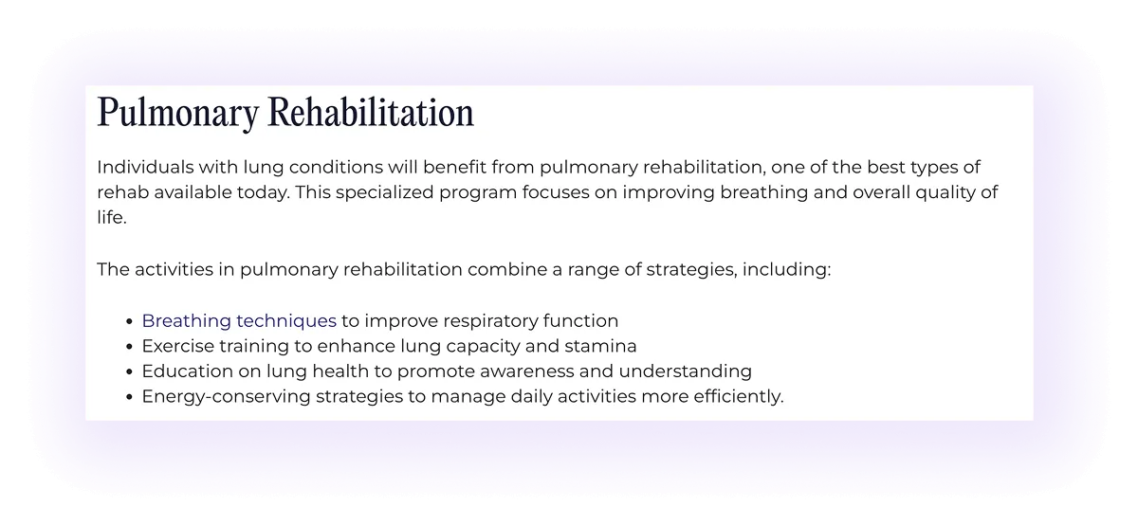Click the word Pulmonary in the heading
177,114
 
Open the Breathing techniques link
239,321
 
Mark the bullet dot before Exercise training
128,346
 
